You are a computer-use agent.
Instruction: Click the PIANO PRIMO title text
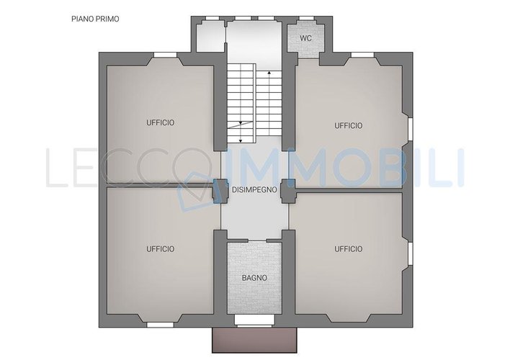[x=95, y=19]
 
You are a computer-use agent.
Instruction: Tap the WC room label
[x=305, y=38]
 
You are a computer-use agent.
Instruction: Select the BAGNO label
[x=254, y=278]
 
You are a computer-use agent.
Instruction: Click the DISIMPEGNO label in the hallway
[x=254, y=189]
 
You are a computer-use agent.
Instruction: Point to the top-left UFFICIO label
[x=161, y=122]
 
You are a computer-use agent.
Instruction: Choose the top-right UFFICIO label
[x=349, y=125]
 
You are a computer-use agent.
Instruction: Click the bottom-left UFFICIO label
[x=161, y=249]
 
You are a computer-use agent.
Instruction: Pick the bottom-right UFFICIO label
[x=349, y=249]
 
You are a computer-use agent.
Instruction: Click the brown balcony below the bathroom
[x=254, y=340]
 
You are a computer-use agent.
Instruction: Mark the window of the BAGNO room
[x=254, y=320]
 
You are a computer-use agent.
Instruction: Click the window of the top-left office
[x=165, y=55]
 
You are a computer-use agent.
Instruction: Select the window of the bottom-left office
[x=160, y=325]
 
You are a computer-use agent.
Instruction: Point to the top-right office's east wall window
[x=411, y=130]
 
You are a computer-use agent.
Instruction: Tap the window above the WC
[x=305, y=18]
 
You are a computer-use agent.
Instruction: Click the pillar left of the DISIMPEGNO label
[x=217, y=191]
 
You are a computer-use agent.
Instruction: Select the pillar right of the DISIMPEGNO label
[x=288, y=192]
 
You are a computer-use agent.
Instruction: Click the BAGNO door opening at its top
[x=257, y=240]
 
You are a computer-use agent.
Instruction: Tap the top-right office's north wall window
[x=362, y=55]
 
